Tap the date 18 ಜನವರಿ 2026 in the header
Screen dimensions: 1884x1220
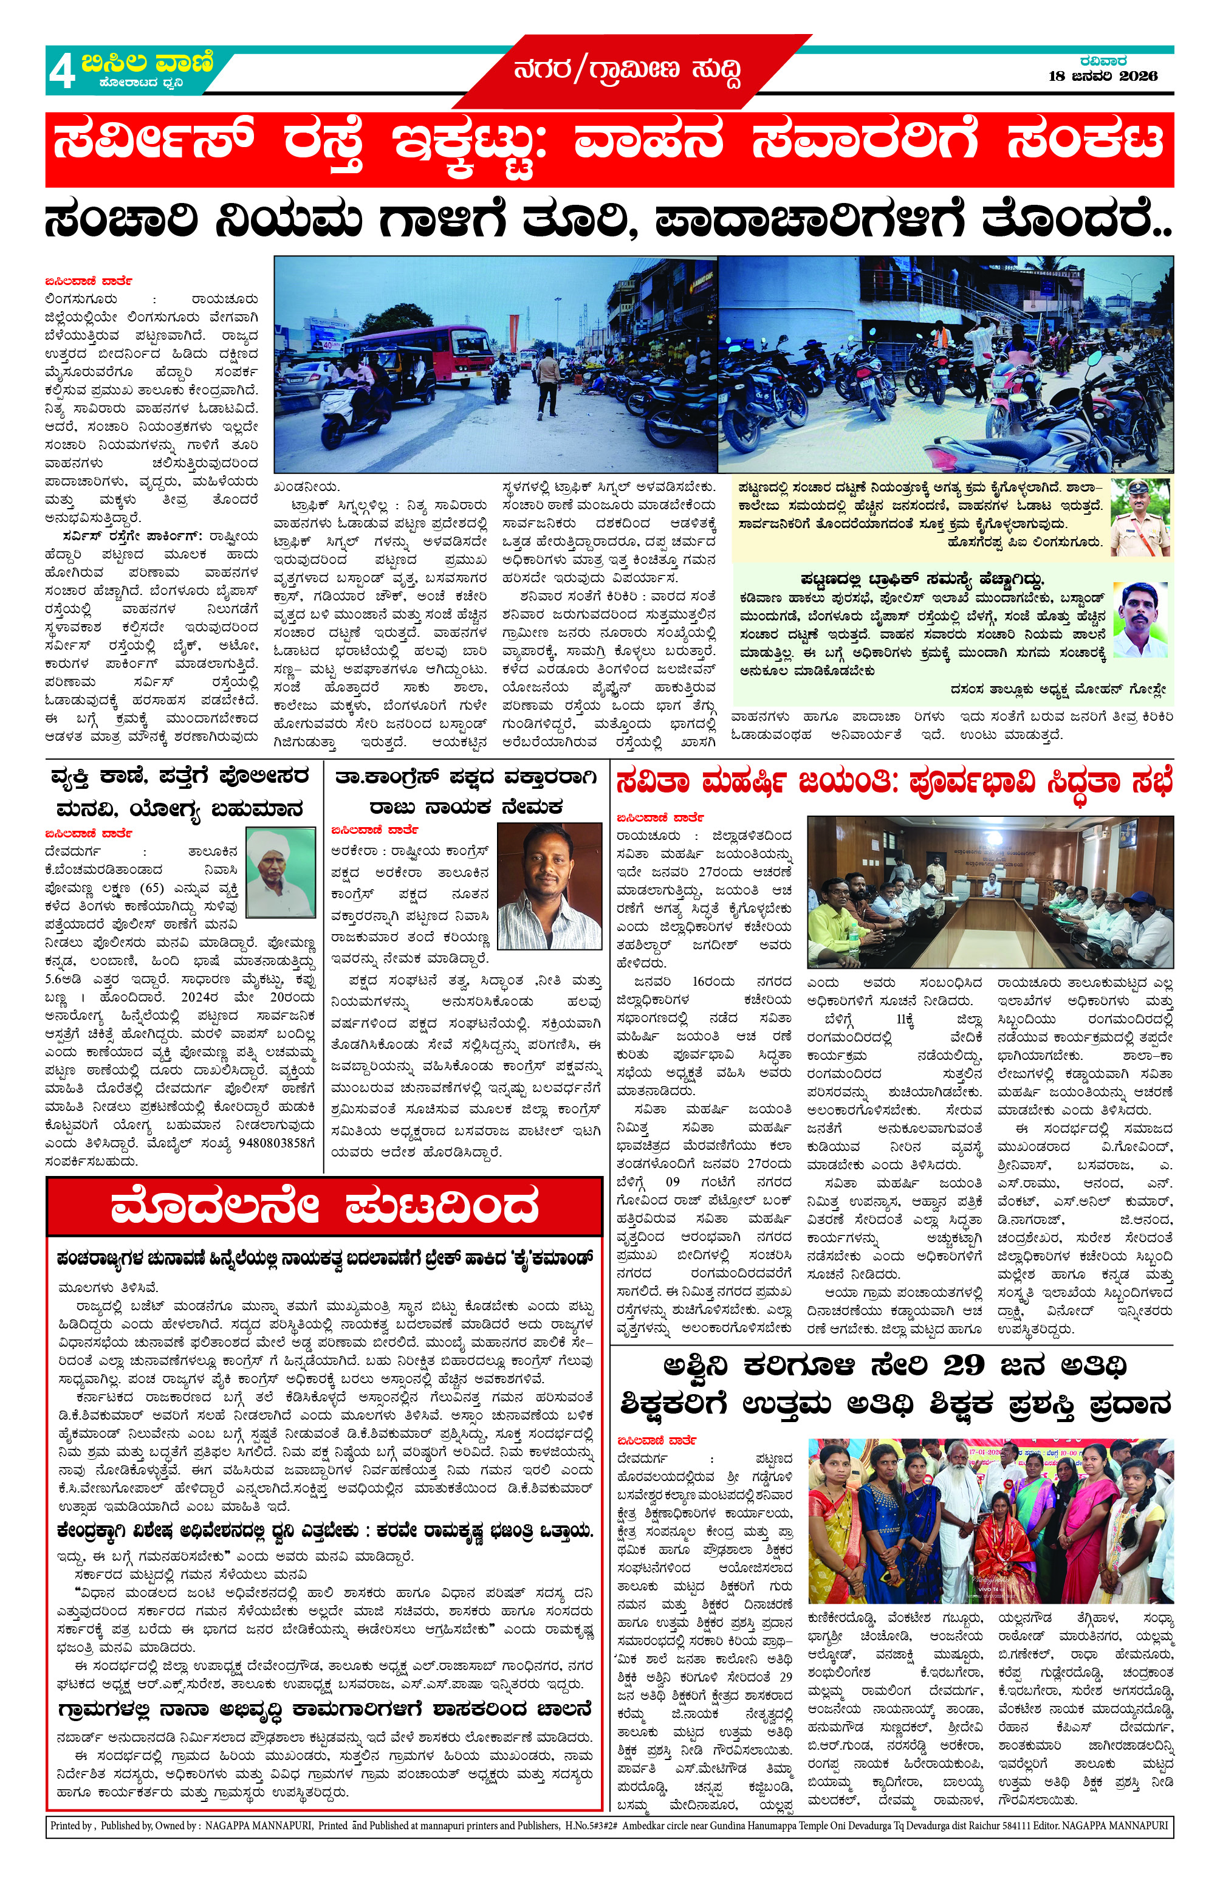click(1102, 77)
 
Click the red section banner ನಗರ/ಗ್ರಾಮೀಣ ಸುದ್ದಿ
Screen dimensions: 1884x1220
click(628, 71)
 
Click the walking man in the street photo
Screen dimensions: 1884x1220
click(547, 382)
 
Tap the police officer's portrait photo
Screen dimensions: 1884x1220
click(1139, 517)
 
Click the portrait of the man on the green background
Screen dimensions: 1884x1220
click(1139, 620)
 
